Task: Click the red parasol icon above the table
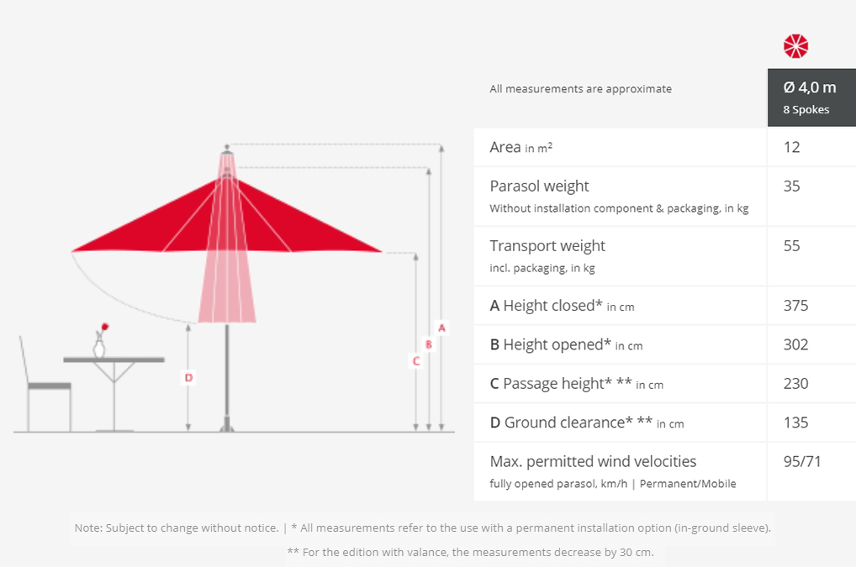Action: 795,46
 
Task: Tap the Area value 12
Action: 791,147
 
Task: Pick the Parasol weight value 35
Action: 791,186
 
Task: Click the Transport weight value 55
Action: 791,246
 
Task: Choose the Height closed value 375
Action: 796,306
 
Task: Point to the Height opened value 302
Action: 796,344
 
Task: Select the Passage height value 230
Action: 796,384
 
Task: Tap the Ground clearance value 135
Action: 796,423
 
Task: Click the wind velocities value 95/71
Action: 802,462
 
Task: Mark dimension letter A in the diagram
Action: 441,328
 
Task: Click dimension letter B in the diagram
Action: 429,344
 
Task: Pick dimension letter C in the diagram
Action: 416,361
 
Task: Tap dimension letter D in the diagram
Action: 188,377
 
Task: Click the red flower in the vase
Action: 105,327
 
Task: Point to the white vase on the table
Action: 99,347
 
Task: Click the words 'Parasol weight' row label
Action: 539,186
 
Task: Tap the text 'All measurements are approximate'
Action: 580,89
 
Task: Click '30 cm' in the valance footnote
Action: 636,552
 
